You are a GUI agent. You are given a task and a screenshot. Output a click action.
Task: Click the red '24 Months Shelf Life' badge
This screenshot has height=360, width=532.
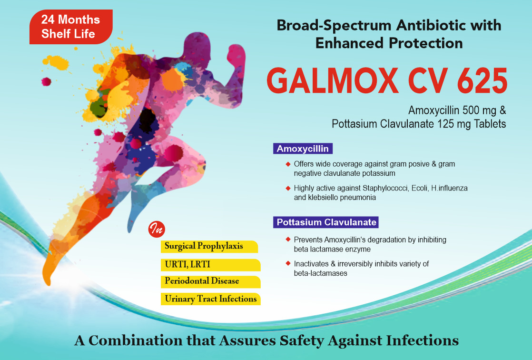pos(70,27)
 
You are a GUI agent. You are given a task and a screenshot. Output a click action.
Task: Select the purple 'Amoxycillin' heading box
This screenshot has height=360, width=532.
pos(303,149)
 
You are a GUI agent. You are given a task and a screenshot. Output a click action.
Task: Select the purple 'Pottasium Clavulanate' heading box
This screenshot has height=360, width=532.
pos(326,222)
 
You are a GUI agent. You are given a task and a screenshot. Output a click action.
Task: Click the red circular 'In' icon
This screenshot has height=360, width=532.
pos(156,230)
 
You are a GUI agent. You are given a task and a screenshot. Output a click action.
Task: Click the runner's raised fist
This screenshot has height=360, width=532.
pos(236,54)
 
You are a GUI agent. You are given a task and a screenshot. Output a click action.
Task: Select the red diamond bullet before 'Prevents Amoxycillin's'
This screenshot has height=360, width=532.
pos(288,239)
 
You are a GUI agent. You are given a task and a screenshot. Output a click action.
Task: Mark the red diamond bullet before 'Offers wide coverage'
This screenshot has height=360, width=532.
pos(288,163)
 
